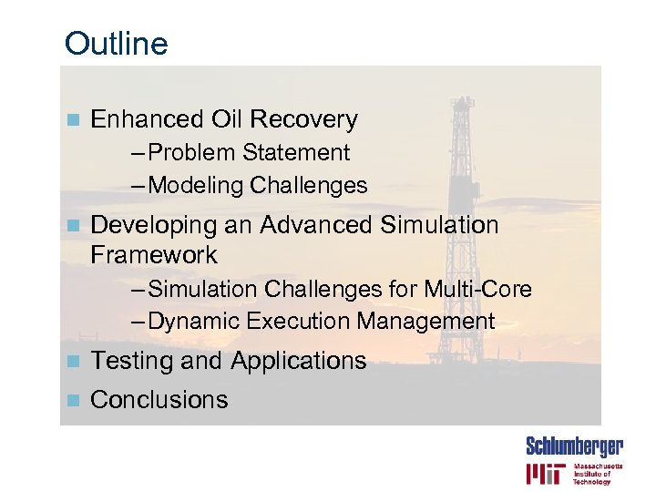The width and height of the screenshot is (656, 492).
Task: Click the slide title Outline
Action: (x=117, y=44)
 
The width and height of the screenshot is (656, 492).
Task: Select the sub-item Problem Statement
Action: (x=248, y=153)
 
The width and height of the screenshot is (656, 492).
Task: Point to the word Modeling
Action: (x=196, y=186)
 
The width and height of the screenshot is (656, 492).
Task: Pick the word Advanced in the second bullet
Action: (x=317, y=225)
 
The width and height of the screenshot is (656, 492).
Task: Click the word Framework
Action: (x=154, y=254)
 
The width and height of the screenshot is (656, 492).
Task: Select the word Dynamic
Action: (x=189, y=322)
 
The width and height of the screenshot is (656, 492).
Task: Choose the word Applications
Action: (x=298, y=361)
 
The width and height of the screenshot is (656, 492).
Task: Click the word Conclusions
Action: (x=159, y=400)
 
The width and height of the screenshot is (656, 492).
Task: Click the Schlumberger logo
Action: (x=574, y=446)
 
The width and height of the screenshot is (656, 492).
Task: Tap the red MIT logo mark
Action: (x=545, y=474)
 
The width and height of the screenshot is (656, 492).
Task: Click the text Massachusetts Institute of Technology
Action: (x=598, y=474)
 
